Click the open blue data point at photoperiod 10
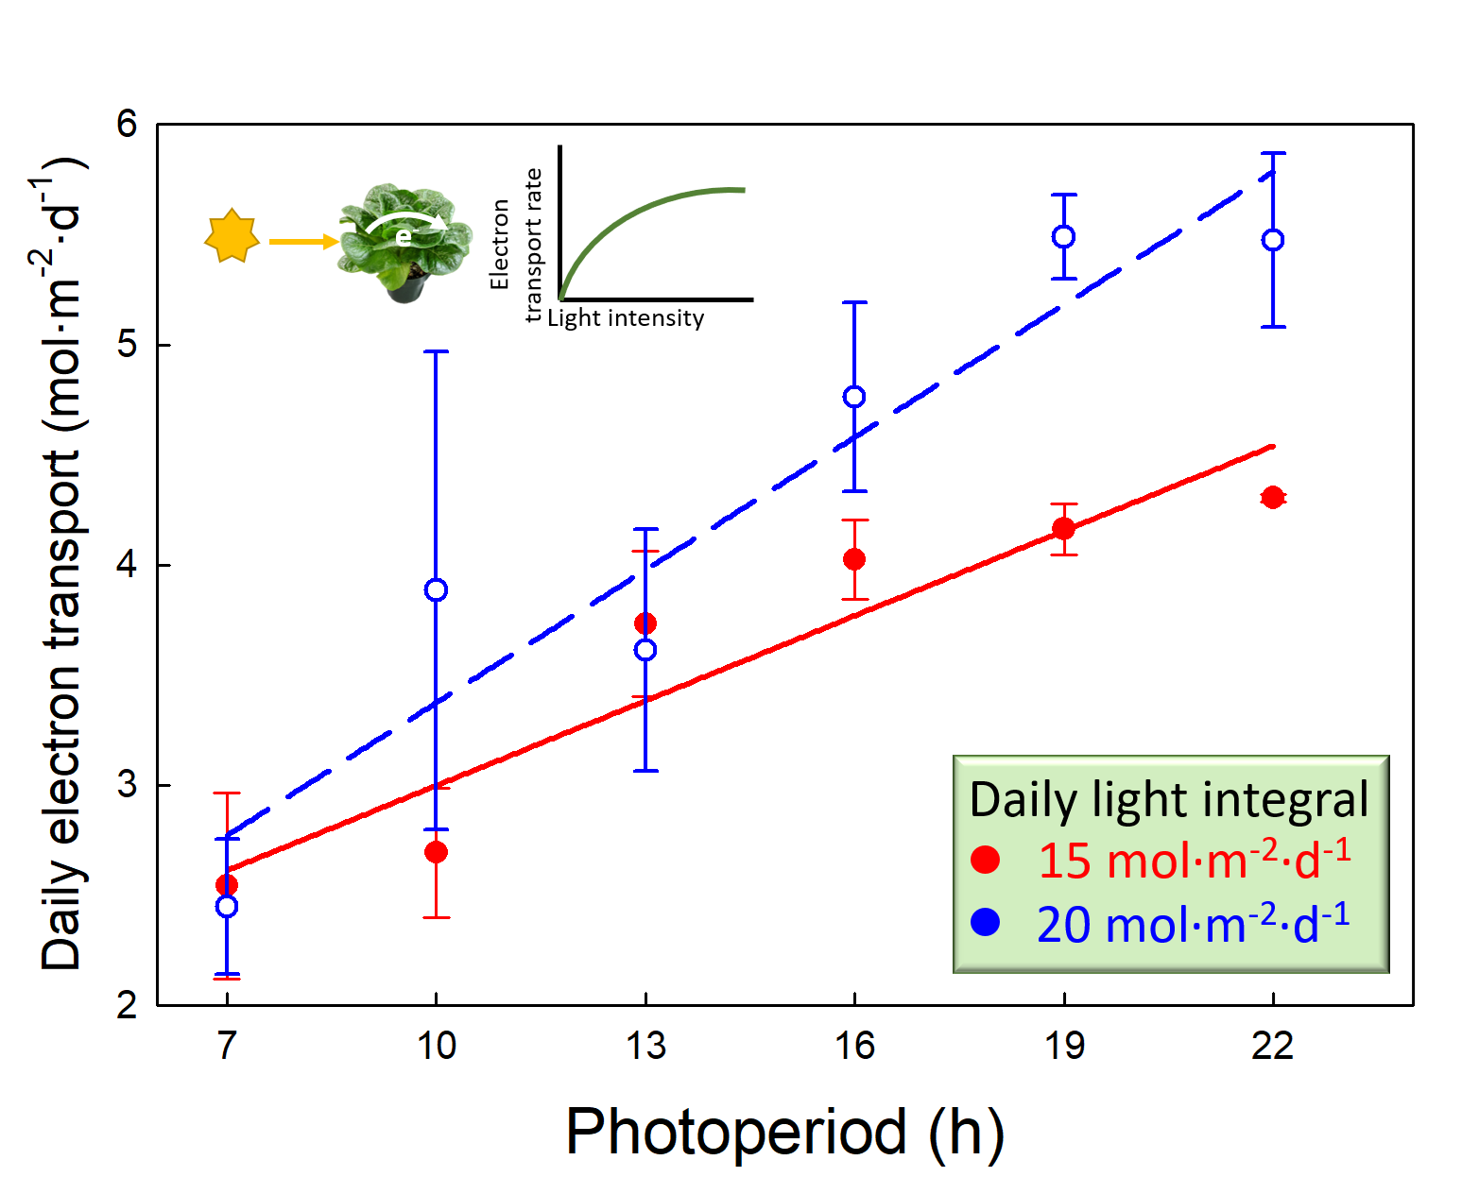click(x=436, y=590)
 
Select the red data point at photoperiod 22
click(x=1273, y=497)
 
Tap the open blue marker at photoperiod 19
click(x=1064, y=236)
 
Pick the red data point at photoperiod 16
click(x=854, y=559)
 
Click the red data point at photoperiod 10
click(x=436, y=852)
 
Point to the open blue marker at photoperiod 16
click(x=854, y=397)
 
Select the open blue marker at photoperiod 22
click(x=1273, y=240)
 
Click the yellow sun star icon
click(x=232, y=237)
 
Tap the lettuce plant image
click(x=405, y=243)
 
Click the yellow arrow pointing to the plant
click(x=302, y=242)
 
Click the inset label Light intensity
click(x=626, y=318)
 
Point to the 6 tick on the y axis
click(x=128, y=124)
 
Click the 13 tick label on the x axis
click(x=645, y=1046)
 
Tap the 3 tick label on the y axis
click(x=128, y=785)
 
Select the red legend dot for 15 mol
click(x=986, y=860)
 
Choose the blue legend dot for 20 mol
click(x=986, y=923)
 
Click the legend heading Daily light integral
click(x=1169, y=799)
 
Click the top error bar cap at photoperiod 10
click(x=436, y=351)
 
